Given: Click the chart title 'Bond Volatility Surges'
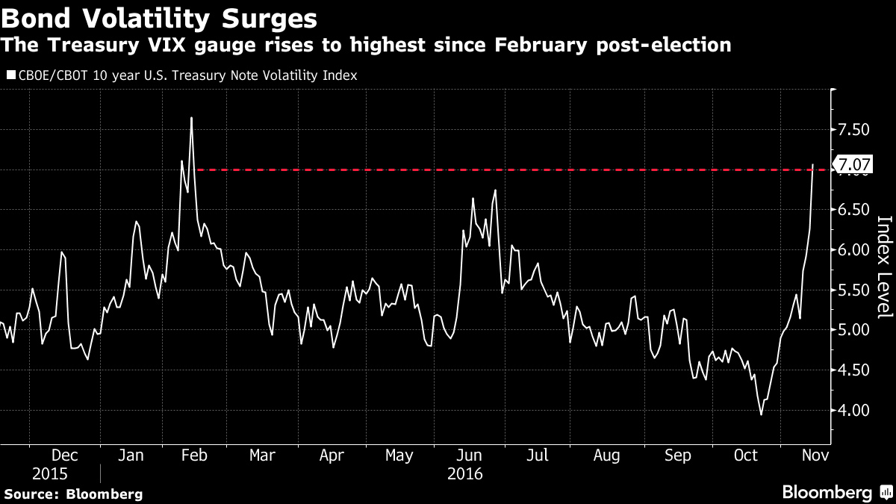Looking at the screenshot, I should [x=158, y=16].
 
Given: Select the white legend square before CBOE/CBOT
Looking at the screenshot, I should [x=10, y=75].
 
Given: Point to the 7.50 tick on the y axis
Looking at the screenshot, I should [x=853, y=130].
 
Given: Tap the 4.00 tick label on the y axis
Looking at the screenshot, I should [x=853, y=410].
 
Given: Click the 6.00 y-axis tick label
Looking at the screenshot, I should [x=853, y=250].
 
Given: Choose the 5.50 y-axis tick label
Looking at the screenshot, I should [x=853, y=290].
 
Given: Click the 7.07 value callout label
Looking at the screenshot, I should [x=853, y=164].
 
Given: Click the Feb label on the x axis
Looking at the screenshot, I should [x=193, y=455].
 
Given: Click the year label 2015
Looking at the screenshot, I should [x=49, y=473].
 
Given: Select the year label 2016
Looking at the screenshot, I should [x=465, y=473].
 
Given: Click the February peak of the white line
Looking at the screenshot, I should [x=192, y=118].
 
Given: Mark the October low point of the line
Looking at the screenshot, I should [x=761, y=414].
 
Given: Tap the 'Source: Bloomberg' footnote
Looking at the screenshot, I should [x=73, y=494].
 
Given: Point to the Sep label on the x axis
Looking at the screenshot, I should [x=677, y=455].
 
